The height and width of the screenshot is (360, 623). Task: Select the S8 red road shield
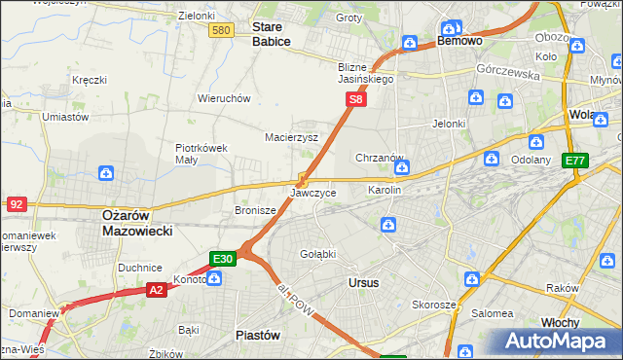(357, 99)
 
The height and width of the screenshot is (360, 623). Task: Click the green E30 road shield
(222, 259)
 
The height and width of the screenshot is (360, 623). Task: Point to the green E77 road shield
(575, 161)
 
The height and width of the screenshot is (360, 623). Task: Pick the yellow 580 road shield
(221, 31)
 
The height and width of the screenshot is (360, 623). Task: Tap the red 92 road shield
(17, 204)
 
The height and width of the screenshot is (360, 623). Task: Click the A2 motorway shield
(158, 289)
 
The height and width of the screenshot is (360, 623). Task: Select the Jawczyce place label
(312, 194)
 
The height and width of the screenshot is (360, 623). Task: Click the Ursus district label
(363, 282)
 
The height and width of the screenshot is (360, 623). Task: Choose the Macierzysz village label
(292, 137)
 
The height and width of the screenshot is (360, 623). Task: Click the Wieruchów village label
(225, 98)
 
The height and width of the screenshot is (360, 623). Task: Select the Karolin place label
(385, 190)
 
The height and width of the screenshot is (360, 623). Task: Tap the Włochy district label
(560, 321)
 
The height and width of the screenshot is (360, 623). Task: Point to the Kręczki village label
(90, 80)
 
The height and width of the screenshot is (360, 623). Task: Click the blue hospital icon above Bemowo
(451, 27)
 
